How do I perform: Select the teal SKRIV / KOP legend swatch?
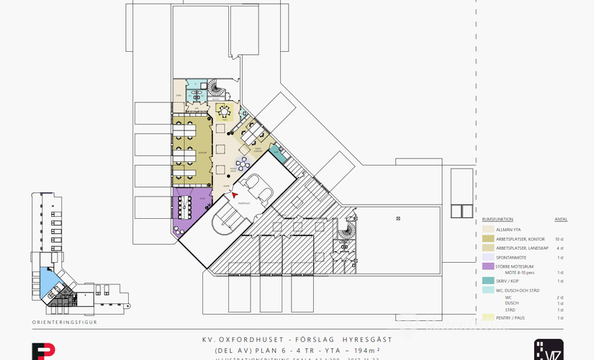(x=487, y=282)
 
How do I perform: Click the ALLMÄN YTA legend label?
(x=509, y=229)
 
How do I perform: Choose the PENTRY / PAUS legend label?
(x=510, y=318)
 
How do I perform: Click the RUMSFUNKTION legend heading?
(x=497, y=219)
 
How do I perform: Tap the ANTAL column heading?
(x=560, y=219)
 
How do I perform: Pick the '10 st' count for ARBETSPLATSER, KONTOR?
(x=559, y=238)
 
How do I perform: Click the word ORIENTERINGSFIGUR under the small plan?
(x=64, y=323)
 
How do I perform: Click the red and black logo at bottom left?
(x=43, y=351)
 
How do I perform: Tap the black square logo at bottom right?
(x=549, y=349)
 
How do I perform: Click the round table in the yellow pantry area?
(x=225, y=111)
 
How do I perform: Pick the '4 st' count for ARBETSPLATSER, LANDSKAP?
(x=560, y=248)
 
